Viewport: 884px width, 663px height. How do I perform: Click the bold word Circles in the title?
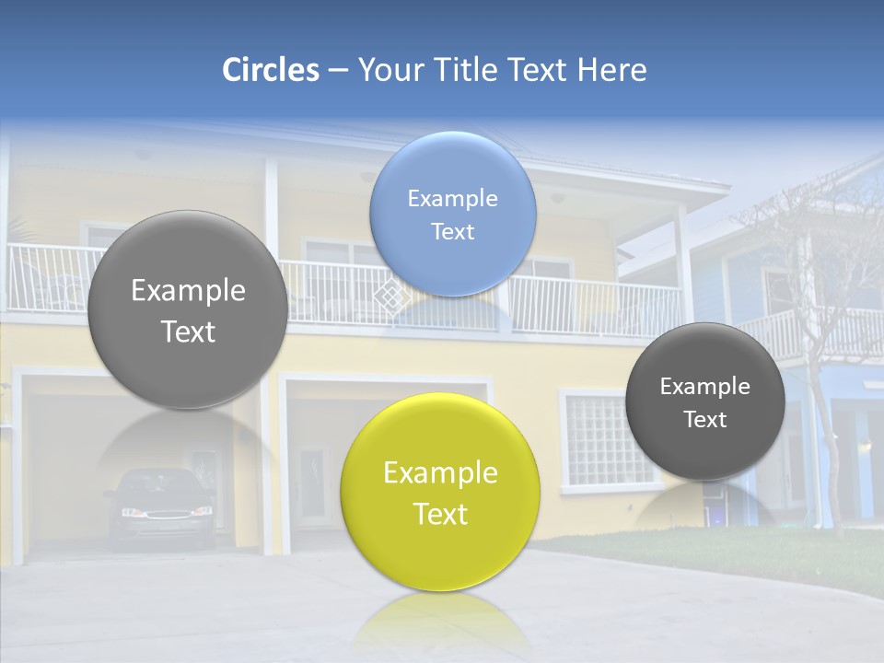[x=271, y=70]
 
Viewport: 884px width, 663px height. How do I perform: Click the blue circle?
[x=453, y=214]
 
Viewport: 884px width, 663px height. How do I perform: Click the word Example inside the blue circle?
[x=452, y=199]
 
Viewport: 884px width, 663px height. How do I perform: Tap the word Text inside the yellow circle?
[x=440, y=514]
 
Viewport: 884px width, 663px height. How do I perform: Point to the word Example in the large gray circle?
[x=188, y=291]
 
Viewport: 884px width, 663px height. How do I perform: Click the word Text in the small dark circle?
[x=705, y=420]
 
